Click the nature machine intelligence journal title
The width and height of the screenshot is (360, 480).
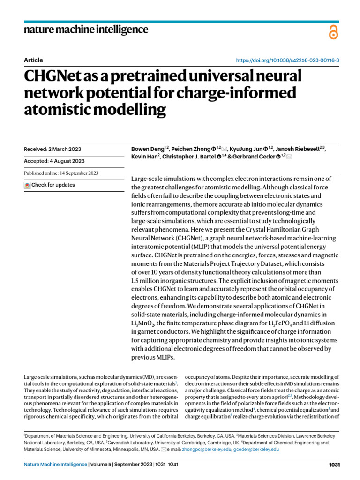86,30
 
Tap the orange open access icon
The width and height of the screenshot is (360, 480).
333,32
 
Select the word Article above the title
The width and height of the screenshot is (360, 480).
33,60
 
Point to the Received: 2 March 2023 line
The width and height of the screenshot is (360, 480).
52,149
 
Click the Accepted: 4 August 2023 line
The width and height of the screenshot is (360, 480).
54,161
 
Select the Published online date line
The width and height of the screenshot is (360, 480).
61,173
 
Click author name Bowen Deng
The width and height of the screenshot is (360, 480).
146,149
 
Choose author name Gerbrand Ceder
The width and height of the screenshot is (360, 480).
255,157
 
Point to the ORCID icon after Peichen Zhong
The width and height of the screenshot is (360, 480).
214,149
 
